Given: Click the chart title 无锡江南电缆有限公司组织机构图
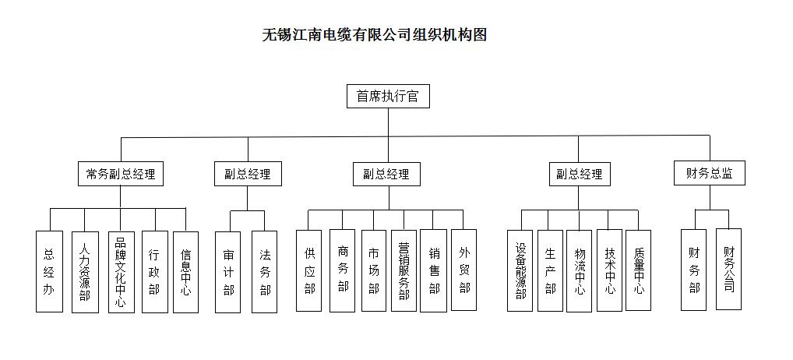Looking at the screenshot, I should pyautogui.click(x=375, y=34).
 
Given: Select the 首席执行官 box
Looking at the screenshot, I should pyautogui.click(x=387, y=97).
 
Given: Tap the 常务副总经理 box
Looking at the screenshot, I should pyautogui.click(x=121, y=174).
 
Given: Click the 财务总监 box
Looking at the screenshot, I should pyautogui.click(x=710, y=173).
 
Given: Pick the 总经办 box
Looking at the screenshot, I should pyautogui.click(x=49, y=271).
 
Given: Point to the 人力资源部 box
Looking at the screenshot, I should pyautogui.click(x=84, y=271).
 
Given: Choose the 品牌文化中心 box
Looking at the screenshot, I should pyautogui.click(x=121, y=271).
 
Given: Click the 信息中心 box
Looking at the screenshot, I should pyautogui.click(x=185, y=271).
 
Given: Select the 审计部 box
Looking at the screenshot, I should pyautogui.click(x=228, y=271).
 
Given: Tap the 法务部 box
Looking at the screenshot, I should pyautogui.click(x=265, y=271).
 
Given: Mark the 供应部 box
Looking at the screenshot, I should pyautogui.click(x=309, y=270).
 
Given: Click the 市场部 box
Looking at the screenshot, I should pyautogui.click(x=373, y=270).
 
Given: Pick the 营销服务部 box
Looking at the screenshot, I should pyautogui.click(x=403, y=270).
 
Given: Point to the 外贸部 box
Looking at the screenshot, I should pyautogui.click(x=463, y=270).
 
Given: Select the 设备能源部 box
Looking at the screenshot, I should pyautogui.click(x=520, y=270).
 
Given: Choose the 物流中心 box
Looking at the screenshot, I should pyautogui.click(x=579, y=270).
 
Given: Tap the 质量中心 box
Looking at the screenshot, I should pyautogui.click(x=638, y=270).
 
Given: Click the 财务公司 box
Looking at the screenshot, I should pyautogui.click(x=728, y=269).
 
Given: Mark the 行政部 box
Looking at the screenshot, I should pyautogui.click(x=154, y=271).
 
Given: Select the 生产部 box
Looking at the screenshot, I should pyautogui.click(x=550, y=270).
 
